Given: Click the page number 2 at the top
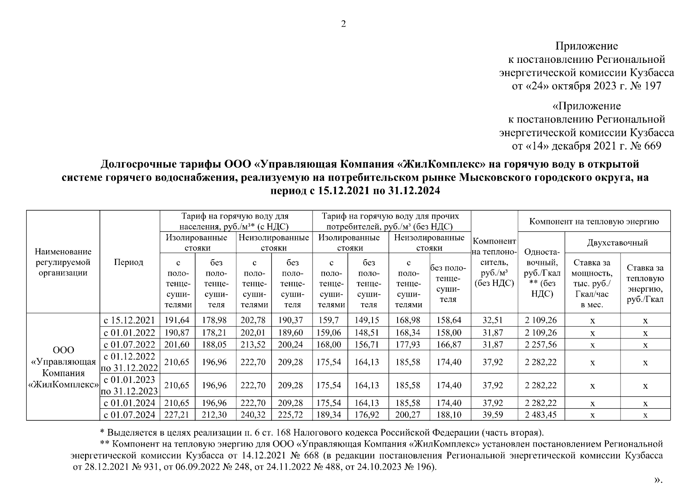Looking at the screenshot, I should [x=343, y=24].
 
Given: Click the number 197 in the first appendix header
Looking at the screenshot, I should [x=653, y=86].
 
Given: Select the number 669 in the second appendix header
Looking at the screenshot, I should [x=653, y=146].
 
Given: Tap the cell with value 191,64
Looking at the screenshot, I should [x=177, y=320].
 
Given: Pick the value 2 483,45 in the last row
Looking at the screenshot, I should [x=541, y=415].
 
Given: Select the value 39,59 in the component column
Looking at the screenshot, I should [x=493, y=415].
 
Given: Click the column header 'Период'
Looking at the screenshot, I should [x=129, y=263].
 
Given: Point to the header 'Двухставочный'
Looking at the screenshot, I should [x=617, y=243].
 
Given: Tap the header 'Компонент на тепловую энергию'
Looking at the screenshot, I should [x=594, y=222].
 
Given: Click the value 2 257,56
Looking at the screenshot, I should [x=541, y=345].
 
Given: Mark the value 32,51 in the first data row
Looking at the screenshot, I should [x=493, y=320].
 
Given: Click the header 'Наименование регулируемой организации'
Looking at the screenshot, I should [x=63, y=263].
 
